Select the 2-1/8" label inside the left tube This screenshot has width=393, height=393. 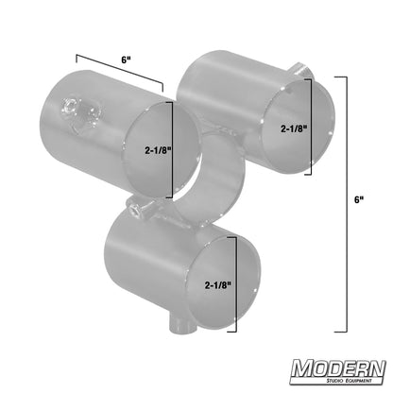(x=156, y=148)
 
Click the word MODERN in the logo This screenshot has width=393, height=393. (x=337, y=367)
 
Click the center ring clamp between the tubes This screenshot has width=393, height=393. (x=217, y=170)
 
